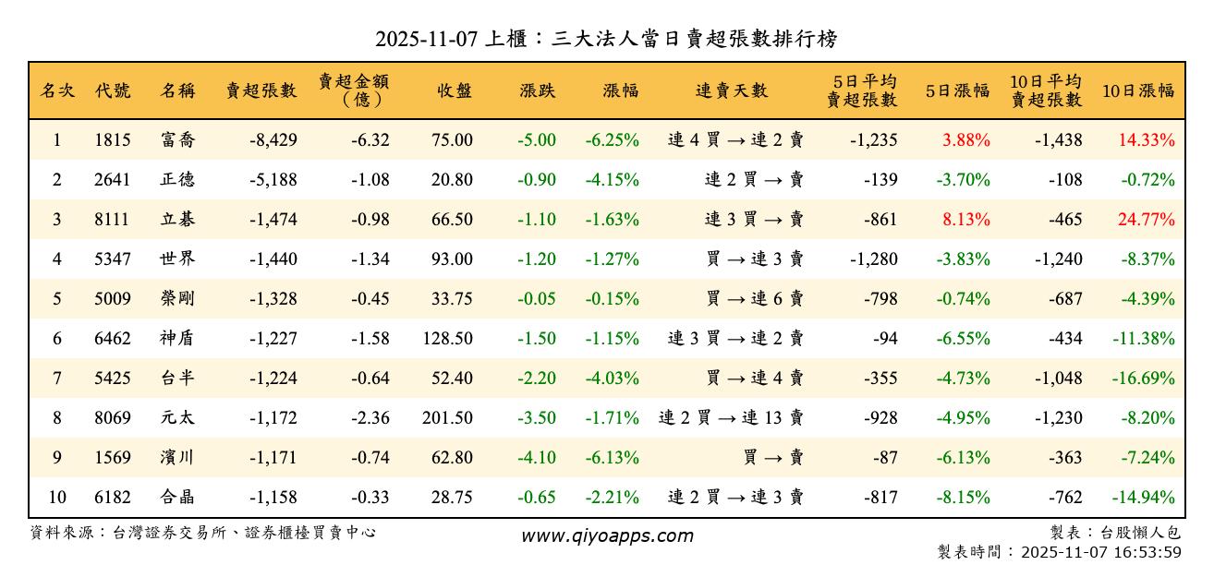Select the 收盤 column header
point(455,90)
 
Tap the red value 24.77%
point(1147,220)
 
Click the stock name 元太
point(177,418)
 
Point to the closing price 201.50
point(447,418)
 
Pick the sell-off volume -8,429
point(273,140)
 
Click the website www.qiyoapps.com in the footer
point(606,535)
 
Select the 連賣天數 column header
point(732,90)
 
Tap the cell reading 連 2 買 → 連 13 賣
point(731,418)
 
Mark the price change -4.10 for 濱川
point(537,458)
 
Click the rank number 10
point(57,498)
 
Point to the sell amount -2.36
point(370,418)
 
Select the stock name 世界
point(177,259)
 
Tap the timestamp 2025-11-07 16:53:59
point(1099,552)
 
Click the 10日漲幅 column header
point(1138,90)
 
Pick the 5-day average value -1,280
point(873,259)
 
